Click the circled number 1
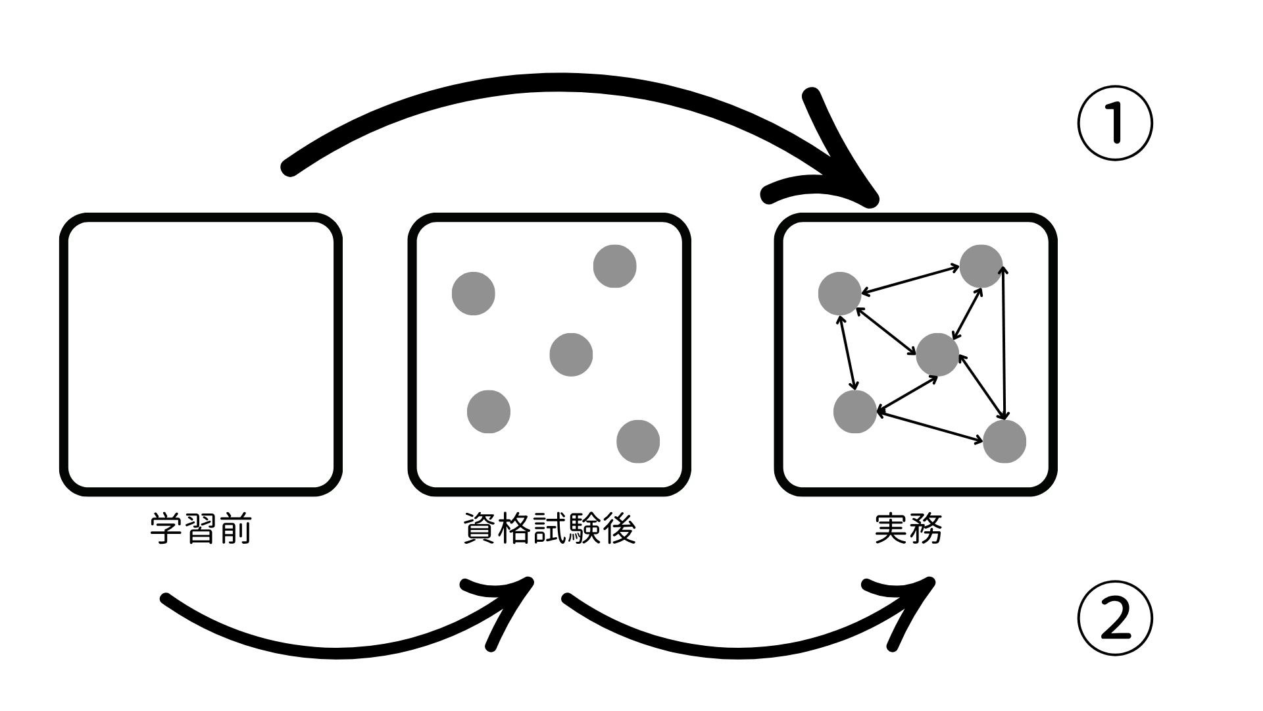1115,124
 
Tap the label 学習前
201,529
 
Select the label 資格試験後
549,529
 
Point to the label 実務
908,529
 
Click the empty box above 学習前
201,354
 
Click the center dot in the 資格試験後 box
571,355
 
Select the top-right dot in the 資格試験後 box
614,267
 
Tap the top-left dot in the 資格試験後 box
474,294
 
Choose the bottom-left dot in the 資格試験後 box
489,411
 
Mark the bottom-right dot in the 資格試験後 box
638,441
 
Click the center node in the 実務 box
937,355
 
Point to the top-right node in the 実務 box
981,267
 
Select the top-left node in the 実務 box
840,294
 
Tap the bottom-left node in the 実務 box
855,411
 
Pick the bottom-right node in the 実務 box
1004,441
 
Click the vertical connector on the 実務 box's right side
1004,342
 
